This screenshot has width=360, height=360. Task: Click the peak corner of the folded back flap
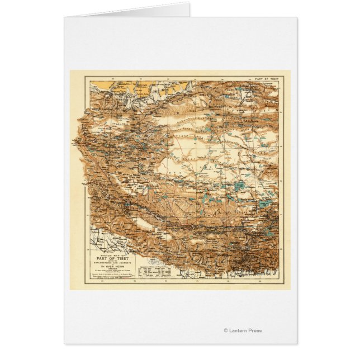click(x=188, y=3)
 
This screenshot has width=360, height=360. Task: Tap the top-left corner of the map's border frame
click(x=84, y=77)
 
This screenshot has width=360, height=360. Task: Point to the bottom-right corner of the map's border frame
click(x=279, y=279)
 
